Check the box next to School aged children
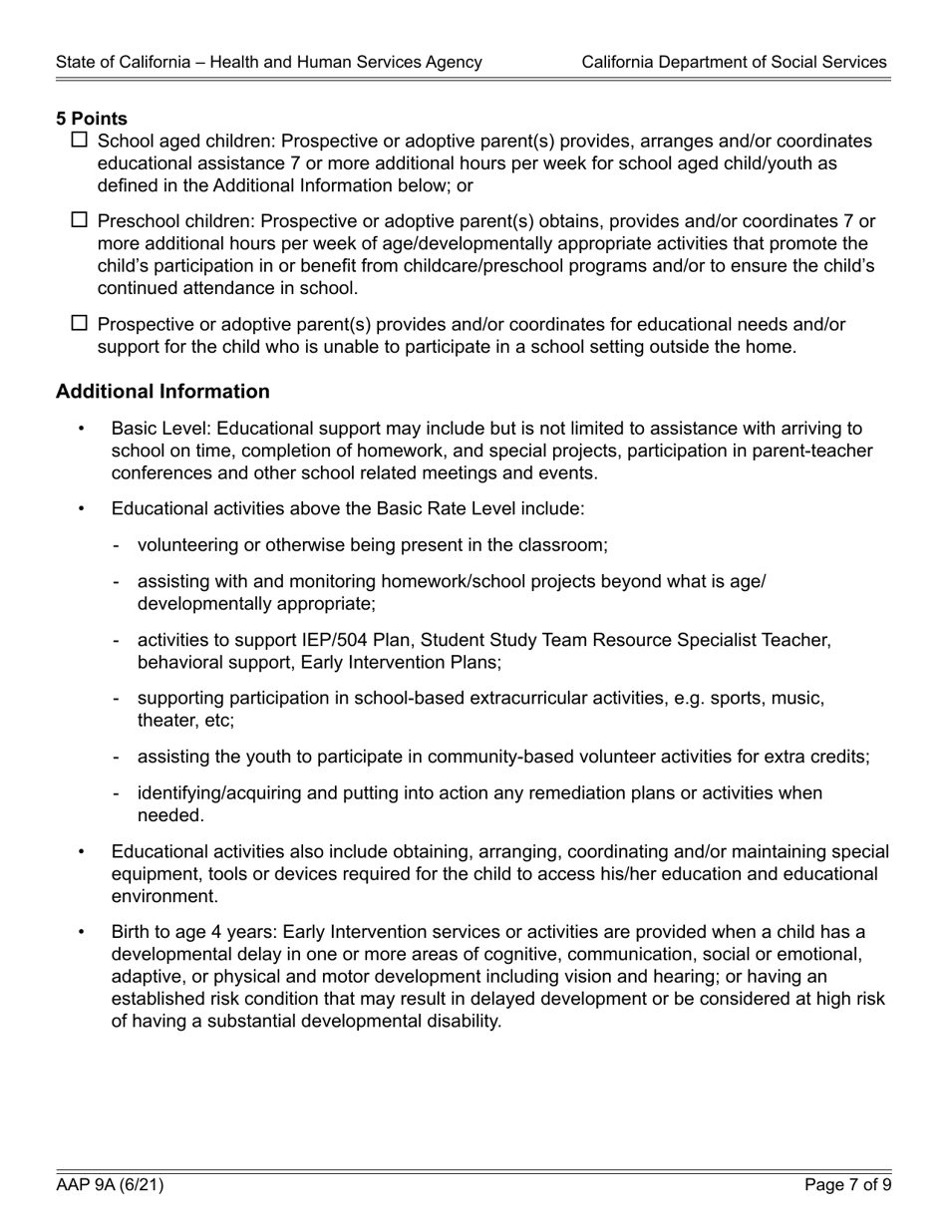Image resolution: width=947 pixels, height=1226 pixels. pos(81,141)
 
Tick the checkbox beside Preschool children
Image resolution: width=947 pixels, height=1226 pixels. pos(81,220)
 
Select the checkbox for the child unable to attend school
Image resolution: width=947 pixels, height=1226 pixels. pos(81,323)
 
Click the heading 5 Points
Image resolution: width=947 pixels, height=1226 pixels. pos(92,119)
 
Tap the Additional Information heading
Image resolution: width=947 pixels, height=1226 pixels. pos(162,392)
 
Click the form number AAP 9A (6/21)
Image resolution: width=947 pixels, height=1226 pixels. pos(110,1185)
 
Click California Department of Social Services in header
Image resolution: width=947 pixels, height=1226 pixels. pos(734,62)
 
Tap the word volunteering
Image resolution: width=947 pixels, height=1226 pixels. pos(186,545)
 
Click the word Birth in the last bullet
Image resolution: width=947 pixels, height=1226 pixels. pos(132,932)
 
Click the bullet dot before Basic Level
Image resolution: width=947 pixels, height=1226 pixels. pos(82,430)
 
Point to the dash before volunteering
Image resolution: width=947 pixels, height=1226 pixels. pos(118,545)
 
